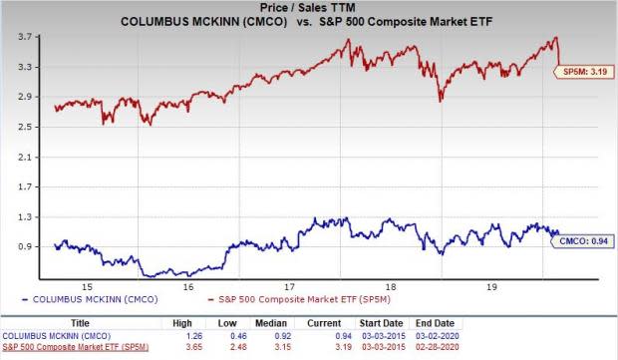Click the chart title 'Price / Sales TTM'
point(309,7)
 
